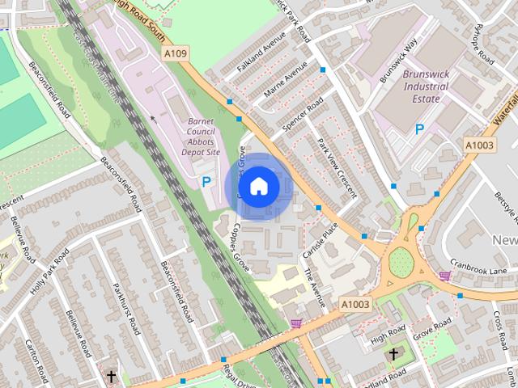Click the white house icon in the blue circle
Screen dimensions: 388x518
pos(258,186)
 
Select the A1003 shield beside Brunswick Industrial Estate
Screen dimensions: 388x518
pos(478,144)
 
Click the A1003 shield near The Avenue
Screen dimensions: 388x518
pos(355,304)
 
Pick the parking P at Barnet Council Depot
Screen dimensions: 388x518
pos(206,183)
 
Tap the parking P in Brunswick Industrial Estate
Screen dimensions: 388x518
pos(419,129)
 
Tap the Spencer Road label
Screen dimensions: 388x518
pos(304,114)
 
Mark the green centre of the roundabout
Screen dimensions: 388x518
pos(401,261)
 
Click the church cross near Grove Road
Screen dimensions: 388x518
pos(393,354)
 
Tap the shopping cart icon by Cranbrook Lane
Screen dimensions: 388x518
pos(444,276)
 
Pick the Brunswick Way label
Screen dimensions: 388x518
pos(397,61)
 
